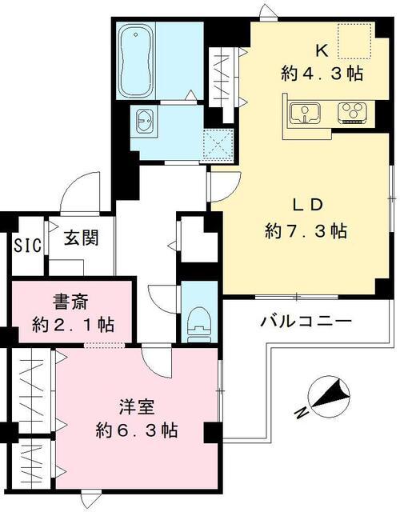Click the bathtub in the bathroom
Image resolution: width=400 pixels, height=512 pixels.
pyautogui.click(x=138, y=60)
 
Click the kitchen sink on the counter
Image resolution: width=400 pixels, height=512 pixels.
pyautogui.click(x=305, y=114)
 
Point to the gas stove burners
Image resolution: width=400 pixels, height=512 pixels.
pyautogui.click(x=350, y=113)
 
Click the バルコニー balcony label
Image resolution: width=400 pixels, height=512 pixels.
pyautogui.click(x=306, y=322)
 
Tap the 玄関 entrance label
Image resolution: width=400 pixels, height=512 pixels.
pyautogui.click(x=81, y=238)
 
